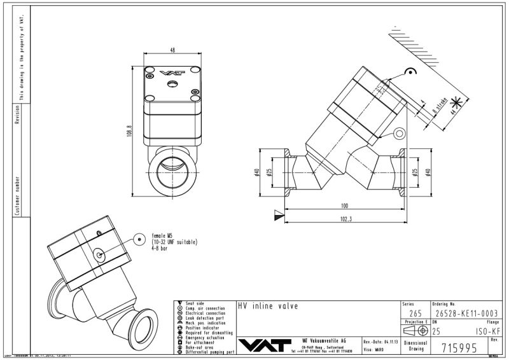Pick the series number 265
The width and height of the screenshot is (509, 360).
click(x=415, y=313)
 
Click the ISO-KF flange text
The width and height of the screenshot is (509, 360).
click(x=487, y=330)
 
